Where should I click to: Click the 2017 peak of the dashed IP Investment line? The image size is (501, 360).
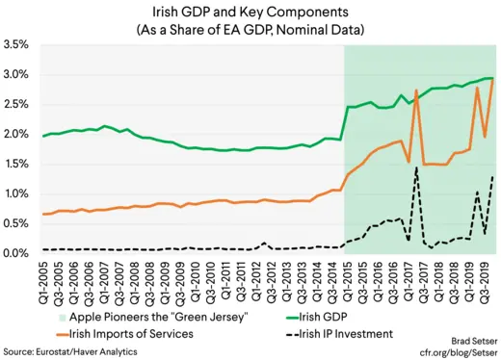[x=415, y=167]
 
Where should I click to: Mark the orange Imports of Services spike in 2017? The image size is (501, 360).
[x=415, y=90]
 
